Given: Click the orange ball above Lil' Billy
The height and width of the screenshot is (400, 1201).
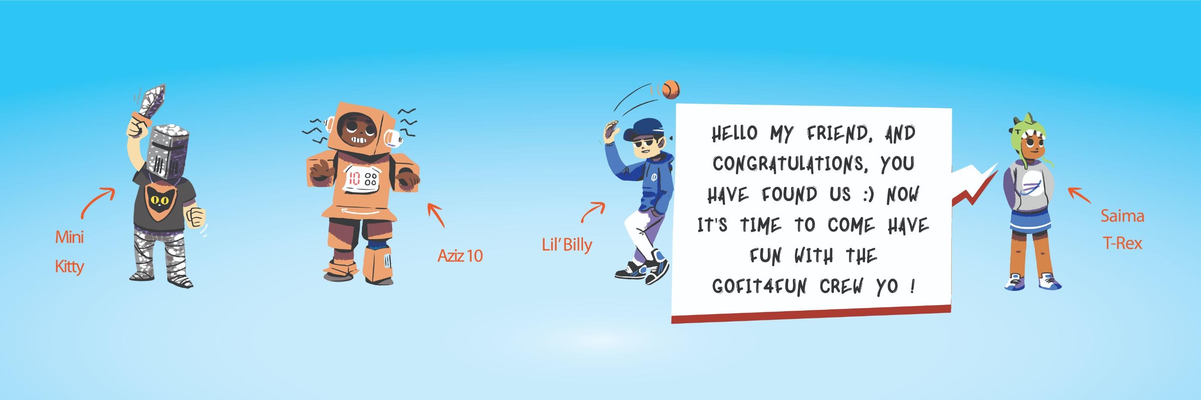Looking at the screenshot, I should pyautogui.click(x=670, y=89).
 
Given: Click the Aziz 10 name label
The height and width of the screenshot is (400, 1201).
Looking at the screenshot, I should pyautogui.click(x=459, y=255).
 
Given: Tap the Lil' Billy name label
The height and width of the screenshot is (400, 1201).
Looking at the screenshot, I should pyautogui.click(x=567, y=245).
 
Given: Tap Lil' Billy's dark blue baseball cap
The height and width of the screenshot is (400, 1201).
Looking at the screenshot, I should pyautogui.click(x=646, y=127).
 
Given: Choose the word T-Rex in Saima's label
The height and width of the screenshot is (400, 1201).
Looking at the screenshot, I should pyautogui.click(x=1122, y=243).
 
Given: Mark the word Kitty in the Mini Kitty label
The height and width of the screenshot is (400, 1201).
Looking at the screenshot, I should pyautogui.click(x=69, y=267).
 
